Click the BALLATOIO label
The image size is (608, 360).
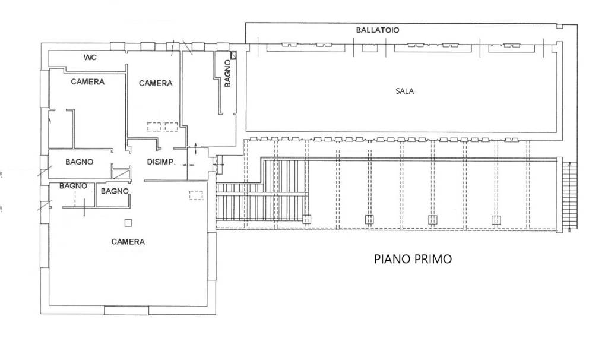click(378, 30)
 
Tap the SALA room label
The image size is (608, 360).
click(404, 91)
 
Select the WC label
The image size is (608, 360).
click(90, 58)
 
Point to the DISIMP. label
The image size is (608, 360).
click(160, 161)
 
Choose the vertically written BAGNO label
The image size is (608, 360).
click(227, 74)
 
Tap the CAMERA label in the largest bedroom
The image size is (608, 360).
click(128, 242)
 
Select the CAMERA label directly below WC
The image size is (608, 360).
click(87, 82)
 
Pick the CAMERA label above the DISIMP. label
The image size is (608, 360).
click(156, 83)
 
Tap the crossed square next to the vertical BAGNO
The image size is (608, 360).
click(234, 55)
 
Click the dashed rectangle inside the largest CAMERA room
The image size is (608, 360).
click(195, 195)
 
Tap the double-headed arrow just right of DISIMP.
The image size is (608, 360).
click(188, 165)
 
